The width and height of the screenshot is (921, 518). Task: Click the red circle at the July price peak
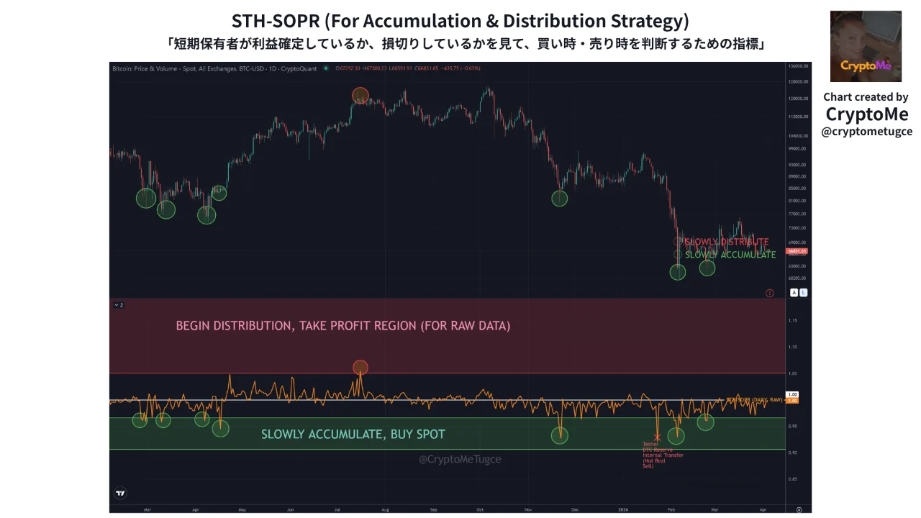(360, 96)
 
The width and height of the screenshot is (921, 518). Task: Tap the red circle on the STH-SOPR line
(360, 368)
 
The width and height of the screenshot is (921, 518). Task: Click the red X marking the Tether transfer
(657, 437)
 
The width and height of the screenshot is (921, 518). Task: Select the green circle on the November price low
(560, 199)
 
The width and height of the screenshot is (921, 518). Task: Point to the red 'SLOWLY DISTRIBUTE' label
(726, 242)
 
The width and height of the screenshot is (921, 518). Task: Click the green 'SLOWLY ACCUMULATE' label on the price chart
(730, 255)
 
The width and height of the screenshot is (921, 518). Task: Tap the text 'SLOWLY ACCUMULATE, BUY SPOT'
(353, 435)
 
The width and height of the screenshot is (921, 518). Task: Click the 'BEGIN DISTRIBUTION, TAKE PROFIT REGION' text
(342, 326)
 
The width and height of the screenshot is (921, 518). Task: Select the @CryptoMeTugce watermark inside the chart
(460, 459)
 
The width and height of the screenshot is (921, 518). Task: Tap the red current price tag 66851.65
(797, 252)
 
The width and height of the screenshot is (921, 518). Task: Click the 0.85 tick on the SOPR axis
(792, 479)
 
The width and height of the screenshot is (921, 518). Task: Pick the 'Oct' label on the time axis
(480, 509)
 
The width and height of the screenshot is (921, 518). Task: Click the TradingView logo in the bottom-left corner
(120, 494)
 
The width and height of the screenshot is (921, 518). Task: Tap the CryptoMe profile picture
(866, 46)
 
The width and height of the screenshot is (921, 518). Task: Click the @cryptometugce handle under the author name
(866, 132)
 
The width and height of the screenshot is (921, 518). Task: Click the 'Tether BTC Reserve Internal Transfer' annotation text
(662, 455)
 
